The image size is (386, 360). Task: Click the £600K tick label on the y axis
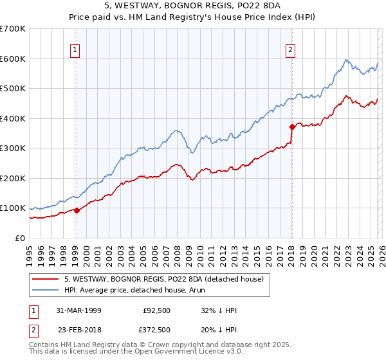13,59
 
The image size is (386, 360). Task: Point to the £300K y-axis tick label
13,148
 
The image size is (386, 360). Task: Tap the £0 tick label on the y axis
20,239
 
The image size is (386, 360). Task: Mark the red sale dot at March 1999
77,210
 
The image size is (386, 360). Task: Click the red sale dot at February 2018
291,127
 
